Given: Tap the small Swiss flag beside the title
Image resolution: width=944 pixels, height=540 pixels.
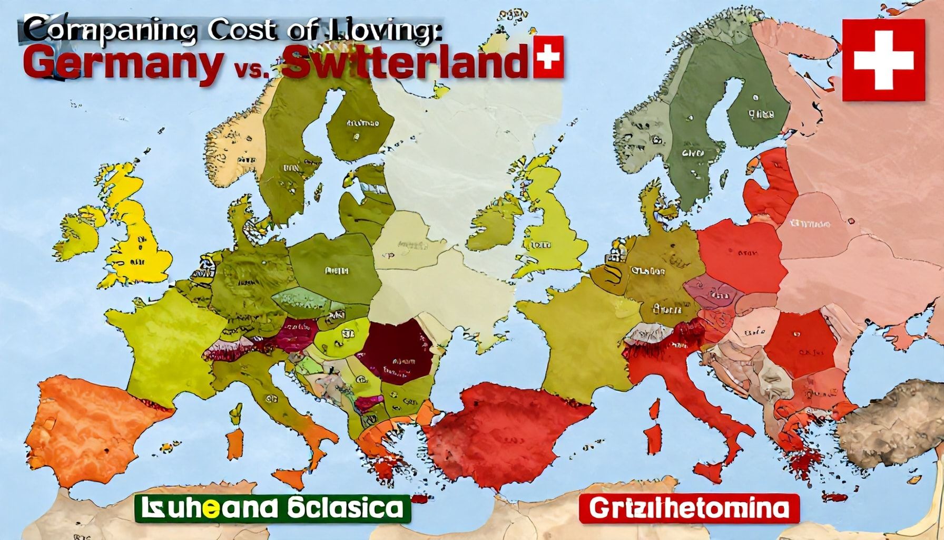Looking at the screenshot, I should click(x=548, y=56).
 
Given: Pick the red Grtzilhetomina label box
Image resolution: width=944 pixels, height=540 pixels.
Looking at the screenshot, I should click(x=689, y=508).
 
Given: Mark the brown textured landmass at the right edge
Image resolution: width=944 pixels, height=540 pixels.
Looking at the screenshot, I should click(x=890, y=427).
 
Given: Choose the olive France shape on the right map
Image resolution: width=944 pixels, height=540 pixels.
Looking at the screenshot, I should click(x=579, y=337).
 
